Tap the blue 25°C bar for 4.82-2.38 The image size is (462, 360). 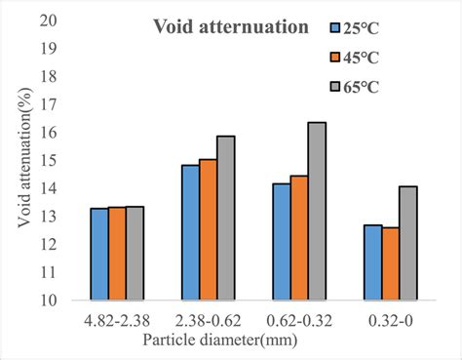pos(98,255)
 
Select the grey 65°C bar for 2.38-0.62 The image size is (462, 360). pos(225,219)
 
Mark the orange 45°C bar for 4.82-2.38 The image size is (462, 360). pos(116,255)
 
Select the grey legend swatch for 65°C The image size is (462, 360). pos(336,88)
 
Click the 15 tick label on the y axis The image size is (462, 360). pos(59,161)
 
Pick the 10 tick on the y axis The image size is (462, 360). pos(59,301)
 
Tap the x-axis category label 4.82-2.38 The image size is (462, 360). pos(116,320)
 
